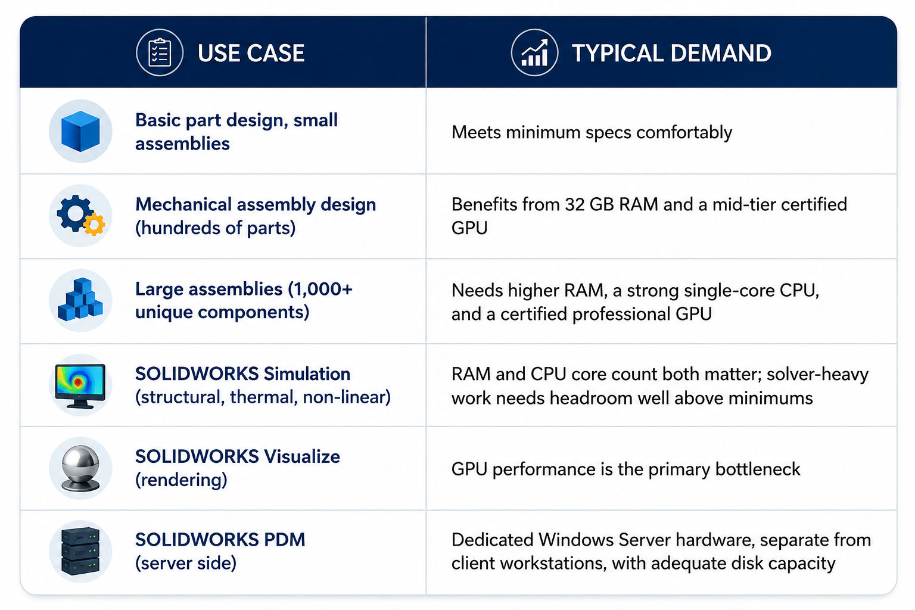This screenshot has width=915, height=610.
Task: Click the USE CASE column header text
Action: [251, 53]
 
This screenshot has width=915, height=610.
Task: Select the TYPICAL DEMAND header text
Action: [671, 53]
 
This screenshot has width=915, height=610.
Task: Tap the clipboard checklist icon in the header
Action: [159, 52]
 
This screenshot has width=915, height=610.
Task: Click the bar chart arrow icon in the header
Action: [534, 52]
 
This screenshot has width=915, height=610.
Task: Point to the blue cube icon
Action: [80, 131]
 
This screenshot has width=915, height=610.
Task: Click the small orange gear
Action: [94, 224]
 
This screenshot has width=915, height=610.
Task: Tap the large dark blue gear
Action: [74, 213]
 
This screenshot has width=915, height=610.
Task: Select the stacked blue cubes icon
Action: [80, 300]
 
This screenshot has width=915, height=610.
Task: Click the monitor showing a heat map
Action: [80, 385]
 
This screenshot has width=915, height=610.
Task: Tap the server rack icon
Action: [80, 551]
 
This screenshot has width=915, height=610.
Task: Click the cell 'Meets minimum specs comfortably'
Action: [592, 133]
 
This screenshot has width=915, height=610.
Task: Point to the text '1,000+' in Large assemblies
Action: [320, 290]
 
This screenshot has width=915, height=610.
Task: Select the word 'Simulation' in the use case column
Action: [307, 374]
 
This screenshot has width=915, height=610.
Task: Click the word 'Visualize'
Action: [302, 456]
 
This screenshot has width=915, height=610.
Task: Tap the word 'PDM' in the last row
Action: [284, 540]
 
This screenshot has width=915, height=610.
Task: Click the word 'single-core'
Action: [699, 291]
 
